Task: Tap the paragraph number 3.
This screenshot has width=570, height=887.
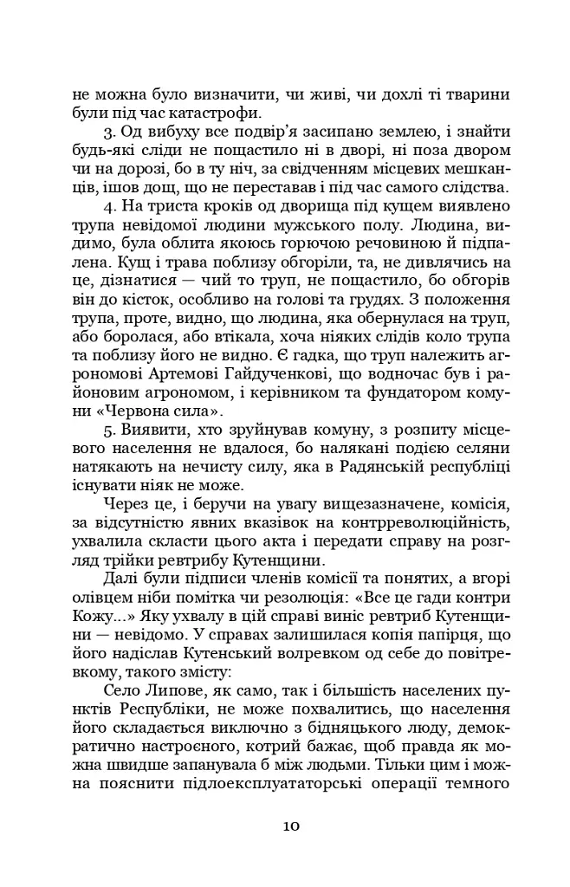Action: click(107, 132)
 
